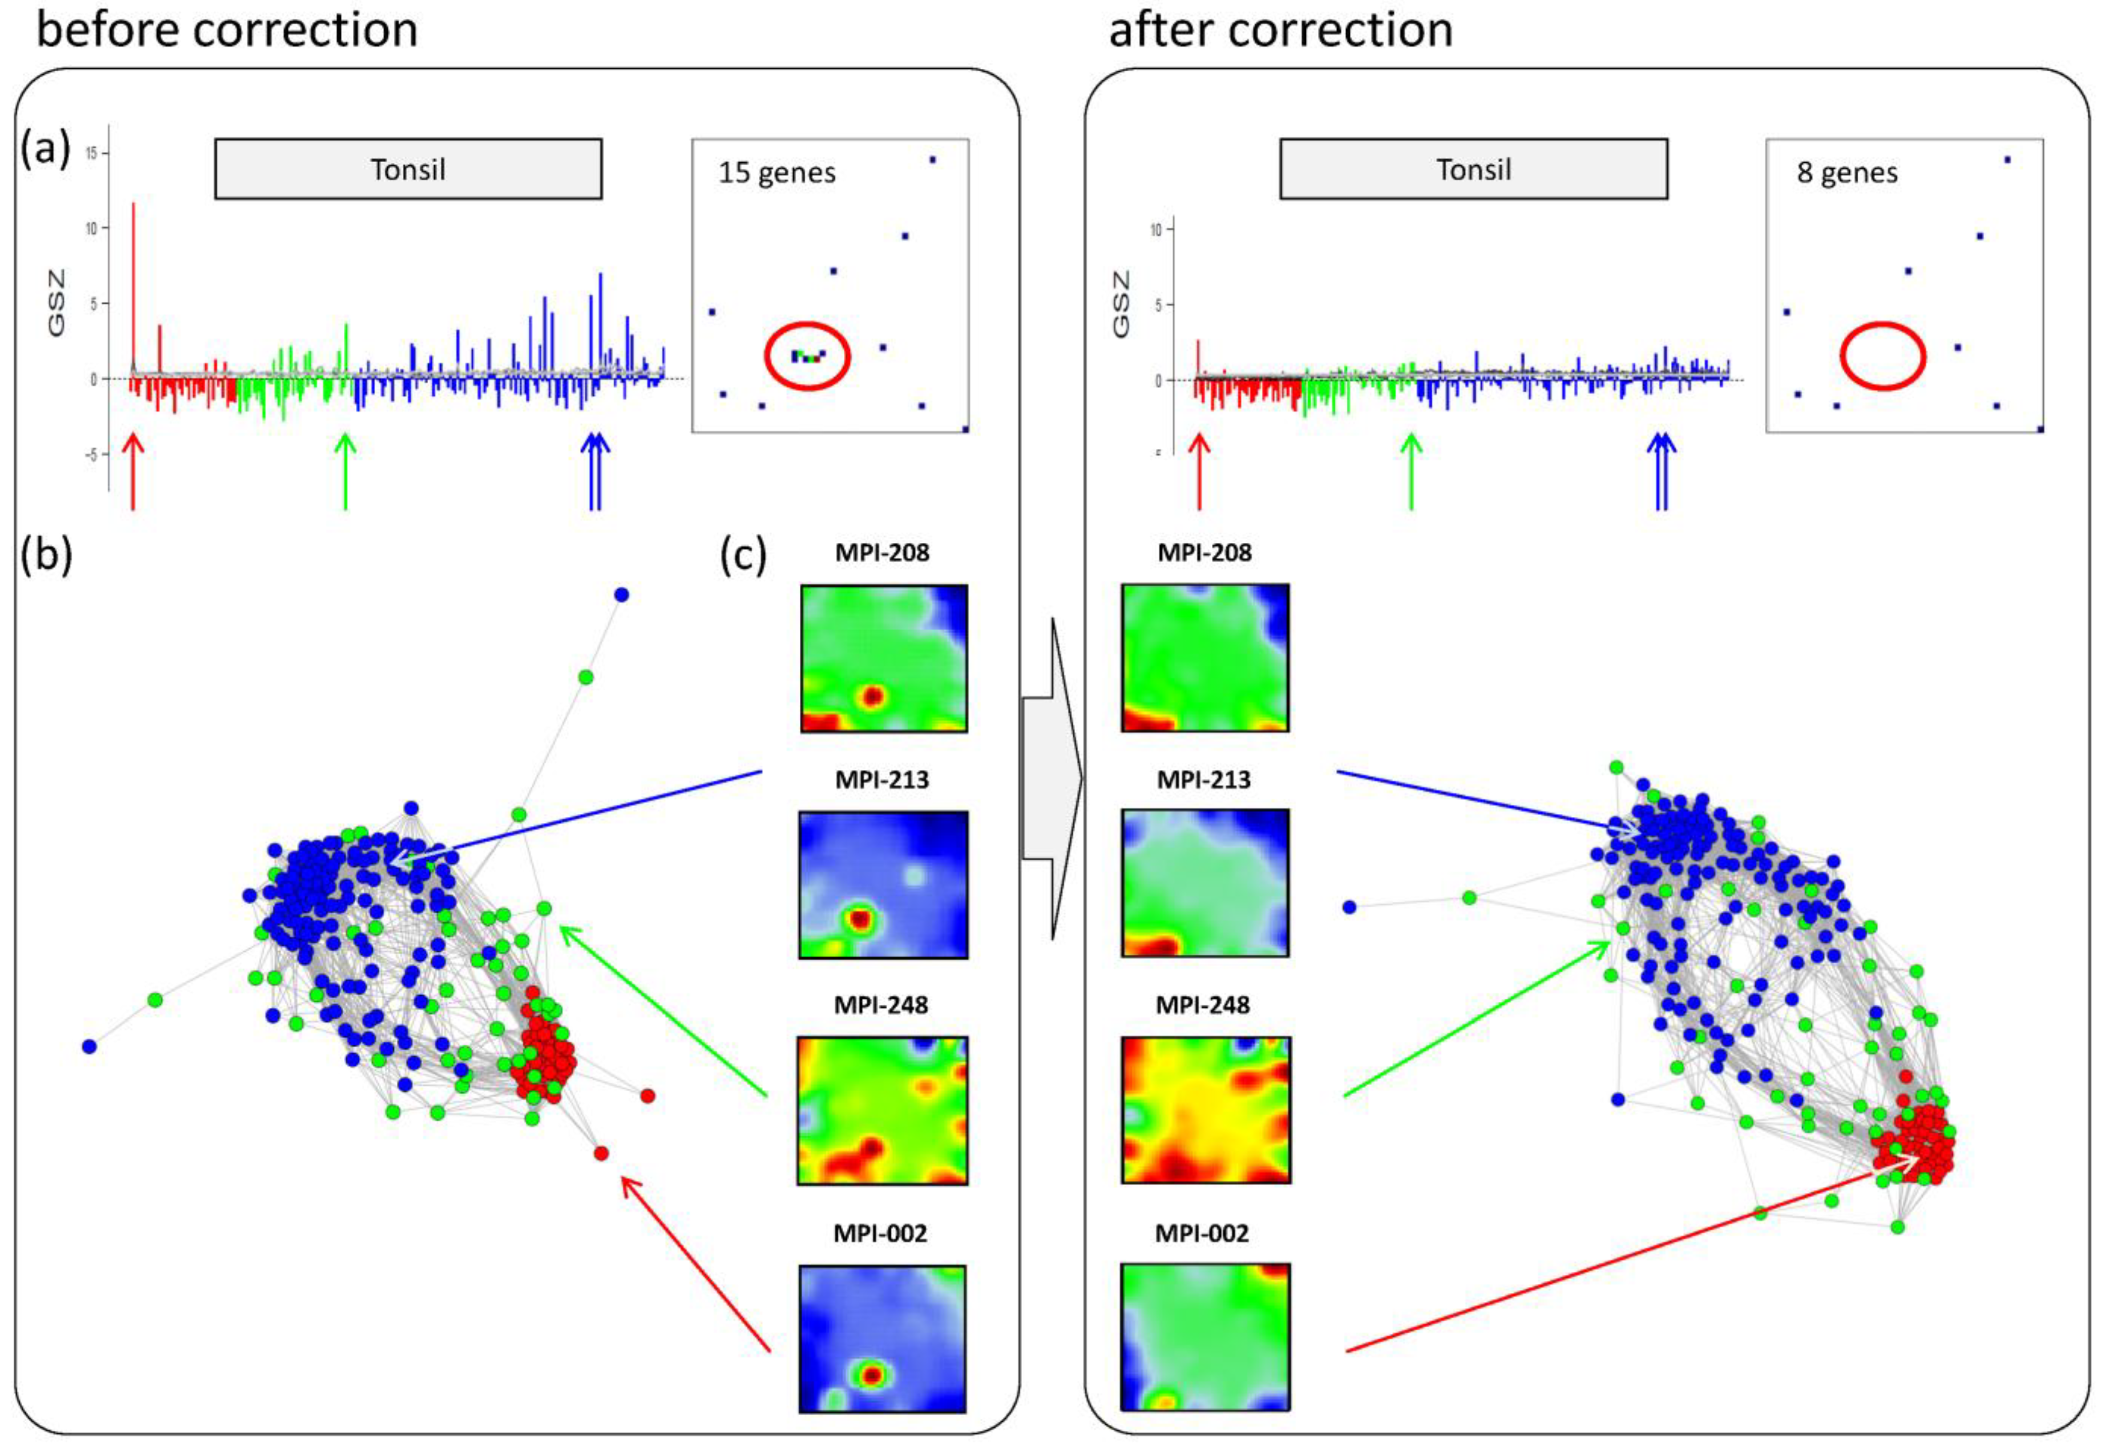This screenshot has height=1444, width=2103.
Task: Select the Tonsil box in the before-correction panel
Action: tap(408, 169)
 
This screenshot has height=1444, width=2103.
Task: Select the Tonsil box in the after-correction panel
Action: tap(1473, 169)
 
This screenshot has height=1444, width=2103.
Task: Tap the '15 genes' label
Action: tap(776, 173)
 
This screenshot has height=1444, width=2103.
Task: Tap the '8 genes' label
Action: tap(1847, 173)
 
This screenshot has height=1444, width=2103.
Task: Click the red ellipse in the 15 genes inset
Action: tap(808, 356)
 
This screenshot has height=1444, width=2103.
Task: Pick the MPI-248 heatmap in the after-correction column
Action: tap(1205, 1110)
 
